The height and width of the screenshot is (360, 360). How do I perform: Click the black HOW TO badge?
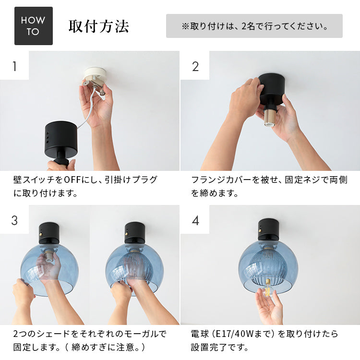[33, 26]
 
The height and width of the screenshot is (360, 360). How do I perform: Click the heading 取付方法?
[98, 26]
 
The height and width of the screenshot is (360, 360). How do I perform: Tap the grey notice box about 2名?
[254, 26]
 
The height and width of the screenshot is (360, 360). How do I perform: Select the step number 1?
[14, 66]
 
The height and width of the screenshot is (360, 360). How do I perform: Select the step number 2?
[195, 66]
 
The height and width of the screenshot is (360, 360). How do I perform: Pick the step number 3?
[14, 220]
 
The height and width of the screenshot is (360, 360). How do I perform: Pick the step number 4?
[195, 220]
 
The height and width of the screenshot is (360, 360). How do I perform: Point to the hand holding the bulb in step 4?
[271, 310]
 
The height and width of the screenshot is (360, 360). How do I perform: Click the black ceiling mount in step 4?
[268, 229]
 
